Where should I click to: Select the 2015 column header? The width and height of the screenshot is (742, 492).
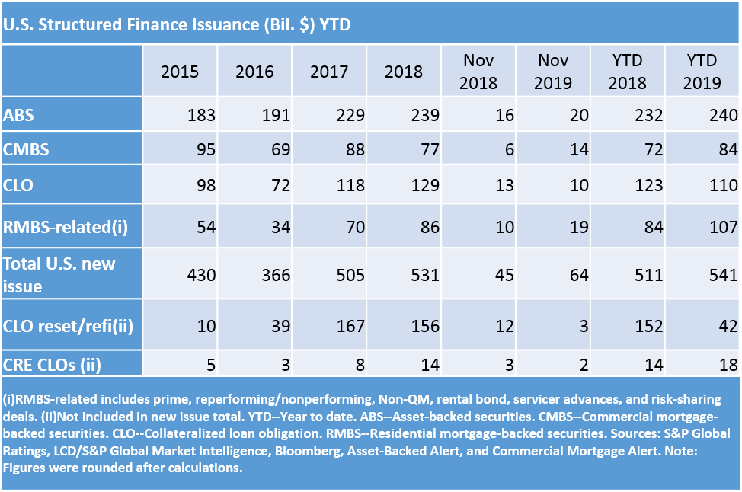pos(180,72)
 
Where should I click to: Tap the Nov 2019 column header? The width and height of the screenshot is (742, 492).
pos(553,72)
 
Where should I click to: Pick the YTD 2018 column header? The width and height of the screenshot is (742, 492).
pos(628,72)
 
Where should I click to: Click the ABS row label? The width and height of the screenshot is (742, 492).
pos(18,115)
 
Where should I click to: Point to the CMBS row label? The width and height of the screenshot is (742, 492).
pos(26,149)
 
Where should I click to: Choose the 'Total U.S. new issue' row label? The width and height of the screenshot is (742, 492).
pos(59,275)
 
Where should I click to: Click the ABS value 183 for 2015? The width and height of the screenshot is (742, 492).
pos(201,115)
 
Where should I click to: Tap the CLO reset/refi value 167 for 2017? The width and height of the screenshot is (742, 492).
pos(350,325)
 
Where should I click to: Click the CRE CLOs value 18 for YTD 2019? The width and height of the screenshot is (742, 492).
pos(728,363)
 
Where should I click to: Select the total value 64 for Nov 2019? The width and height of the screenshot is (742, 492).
pos(578,275)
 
